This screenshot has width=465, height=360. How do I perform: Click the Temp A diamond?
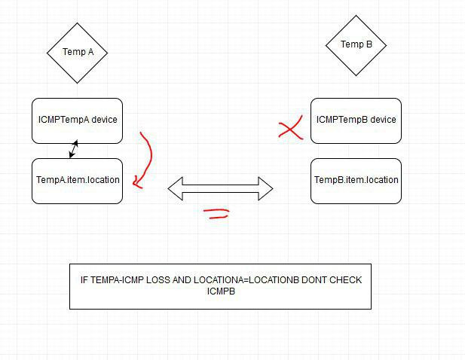pos(77,53)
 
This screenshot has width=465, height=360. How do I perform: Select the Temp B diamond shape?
pos(356,45)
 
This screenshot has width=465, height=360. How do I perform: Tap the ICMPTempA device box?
pos(77,121)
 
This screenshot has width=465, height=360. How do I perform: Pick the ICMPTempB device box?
pos(356,121)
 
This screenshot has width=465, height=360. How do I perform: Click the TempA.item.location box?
pos(77,181)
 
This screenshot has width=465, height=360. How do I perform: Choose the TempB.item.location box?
pos(356,181)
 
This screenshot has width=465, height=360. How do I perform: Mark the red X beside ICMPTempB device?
pos(290,128)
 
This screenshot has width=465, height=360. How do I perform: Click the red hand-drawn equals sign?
pos(216,214)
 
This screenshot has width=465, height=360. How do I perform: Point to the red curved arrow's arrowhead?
pos(137,183)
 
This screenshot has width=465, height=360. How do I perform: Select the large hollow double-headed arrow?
pos(220,188)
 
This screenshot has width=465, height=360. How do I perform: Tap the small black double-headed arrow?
pos(74,149)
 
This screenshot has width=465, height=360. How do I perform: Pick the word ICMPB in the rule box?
pos(221,291)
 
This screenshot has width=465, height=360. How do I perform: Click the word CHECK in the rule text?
pos(345,280)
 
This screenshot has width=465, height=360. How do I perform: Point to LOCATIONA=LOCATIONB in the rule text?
pos(246,280)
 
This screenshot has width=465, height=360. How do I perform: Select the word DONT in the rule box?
pos(314,280)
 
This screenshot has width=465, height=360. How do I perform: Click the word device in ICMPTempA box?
pos(104,120)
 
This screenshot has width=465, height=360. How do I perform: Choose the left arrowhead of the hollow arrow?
pos(176,188)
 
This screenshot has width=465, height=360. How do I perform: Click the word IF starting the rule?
pos(84,280)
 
